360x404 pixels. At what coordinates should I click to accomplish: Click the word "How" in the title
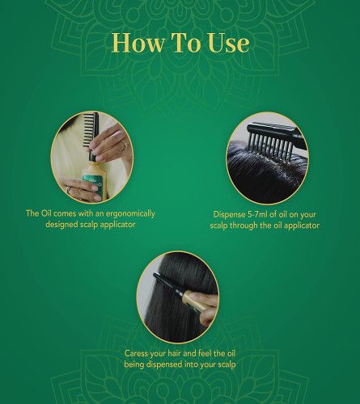[x=138, y=43]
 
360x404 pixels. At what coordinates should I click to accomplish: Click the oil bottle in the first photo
[x=93, y=180]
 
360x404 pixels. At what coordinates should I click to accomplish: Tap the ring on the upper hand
[x=124, y=145]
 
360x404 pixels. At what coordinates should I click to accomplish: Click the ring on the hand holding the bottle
[x=69, y=190]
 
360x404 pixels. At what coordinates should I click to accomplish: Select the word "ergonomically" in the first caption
[x=130, y=214]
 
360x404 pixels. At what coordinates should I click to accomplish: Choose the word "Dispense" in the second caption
[x=229, y=215]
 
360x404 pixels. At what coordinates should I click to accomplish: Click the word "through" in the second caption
[x=244, y=225]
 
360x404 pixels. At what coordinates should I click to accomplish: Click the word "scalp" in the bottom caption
[x=226, y=365]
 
